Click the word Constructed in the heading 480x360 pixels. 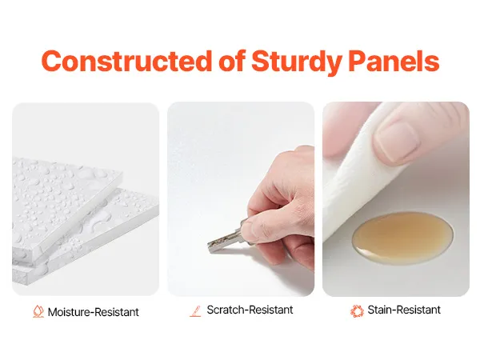pos(126,61)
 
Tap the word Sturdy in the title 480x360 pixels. pos(296,62)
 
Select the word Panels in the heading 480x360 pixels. pos(394,61)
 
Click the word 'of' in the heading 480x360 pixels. pos(231,61)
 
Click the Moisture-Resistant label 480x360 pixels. pos(94,312)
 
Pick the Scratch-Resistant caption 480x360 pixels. pos(250,310)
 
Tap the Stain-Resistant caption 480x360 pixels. pos(404,310)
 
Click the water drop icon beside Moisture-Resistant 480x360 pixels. pos(38,311)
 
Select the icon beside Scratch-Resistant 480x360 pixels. pos(195,311)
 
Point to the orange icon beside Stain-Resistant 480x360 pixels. pos(357,310)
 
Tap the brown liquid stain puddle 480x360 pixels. pos(402,234)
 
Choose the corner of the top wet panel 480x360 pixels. pos(122,174)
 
